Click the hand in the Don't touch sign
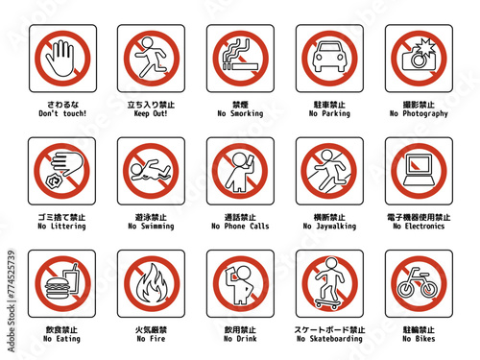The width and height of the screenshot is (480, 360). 60,59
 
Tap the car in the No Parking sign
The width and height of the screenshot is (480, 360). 329,57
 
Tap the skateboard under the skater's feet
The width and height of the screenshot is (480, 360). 328,303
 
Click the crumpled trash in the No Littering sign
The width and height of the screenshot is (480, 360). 52,181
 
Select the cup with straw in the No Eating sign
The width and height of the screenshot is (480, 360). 71,279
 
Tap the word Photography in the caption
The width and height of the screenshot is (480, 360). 425,113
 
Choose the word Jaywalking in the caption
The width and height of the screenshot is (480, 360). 336,227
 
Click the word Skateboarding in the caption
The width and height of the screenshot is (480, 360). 336,339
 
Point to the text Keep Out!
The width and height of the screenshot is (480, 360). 151,113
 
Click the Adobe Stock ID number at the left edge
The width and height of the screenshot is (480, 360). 12,274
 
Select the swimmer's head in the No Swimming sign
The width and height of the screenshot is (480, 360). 136,168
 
